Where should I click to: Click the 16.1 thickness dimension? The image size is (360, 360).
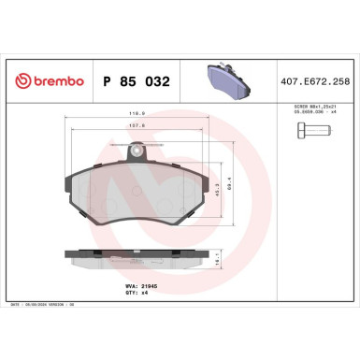click(x=245, y=265)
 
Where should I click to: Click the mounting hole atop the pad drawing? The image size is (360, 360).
click(x=138, y=148)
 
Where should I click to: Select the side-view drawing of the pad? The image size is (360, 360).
click(x=137, y=258)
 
